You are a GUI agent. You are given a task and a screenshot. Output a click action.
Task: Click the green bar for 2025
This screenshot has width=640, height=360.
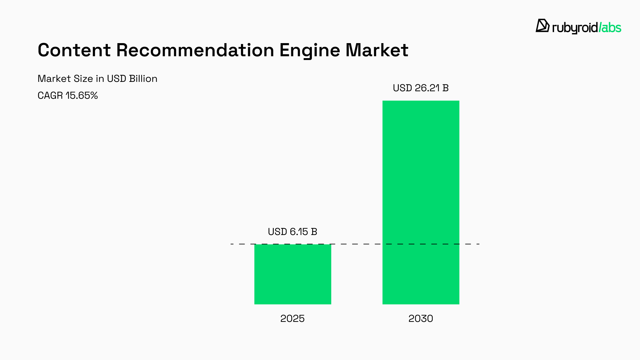[x=292, y=274]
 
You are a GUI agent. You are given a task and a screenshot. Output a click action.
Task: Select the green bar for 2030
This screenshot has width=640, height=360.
[x=421, y=202]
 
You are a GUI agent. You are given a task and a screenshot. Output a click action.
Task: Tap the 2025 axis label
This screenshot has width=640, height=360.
[x=292, y=318]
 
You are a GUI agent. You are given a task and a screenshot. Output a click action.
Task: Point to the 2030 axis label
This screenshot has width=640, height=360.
[x=421, y=318]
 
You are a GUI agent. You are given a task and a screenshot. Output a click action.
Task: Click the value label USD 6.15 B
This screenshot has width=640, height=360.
[x=292, y=232]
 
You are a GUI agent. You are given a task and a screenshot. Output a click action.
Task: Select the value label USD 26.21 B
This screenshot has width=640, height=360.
[x=421, y=88]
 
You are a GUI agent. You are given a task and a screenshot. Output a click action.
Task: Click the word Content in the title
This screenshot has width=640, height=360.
[x=74, y=50]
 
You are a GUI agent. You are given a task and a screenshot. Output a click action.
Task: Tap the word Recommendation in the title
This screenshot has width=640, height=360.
[x=195, y=50]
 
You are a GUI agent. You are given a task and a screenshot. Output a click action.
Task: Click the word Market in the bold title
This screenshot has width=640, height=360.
[x=377, y=50]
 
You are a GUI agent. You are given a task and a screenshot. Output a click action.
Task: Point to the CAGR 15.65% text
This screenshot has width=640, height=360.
[x=67, y=95]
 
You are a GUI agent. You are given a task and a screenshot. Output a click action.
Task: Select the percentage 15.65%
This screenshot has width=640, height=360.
[x=82, y=95]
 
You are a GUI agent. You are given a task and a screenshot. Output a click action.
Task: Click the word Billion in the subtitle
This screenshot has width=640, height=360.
[x=143, y=78]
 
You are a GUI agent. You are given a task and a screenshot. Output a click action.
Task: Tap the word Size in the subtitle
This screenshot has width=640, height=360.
[x=83, y=78]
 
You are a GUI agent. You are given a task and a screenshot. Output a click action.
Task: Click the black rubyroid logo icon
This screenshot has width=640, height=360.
[x=542, y=26]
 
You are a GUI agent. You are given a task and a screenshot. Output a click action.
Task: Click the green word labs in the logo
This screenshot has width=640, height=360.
[x=611, y=28]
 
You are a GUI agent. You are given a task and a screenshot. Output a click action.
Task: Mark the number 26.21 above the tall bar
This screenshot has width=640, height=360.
[x=427, y=88]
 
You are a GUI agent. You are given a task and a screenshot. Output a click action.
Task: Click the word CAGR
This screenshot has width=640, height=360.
[x=50, y=95]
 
